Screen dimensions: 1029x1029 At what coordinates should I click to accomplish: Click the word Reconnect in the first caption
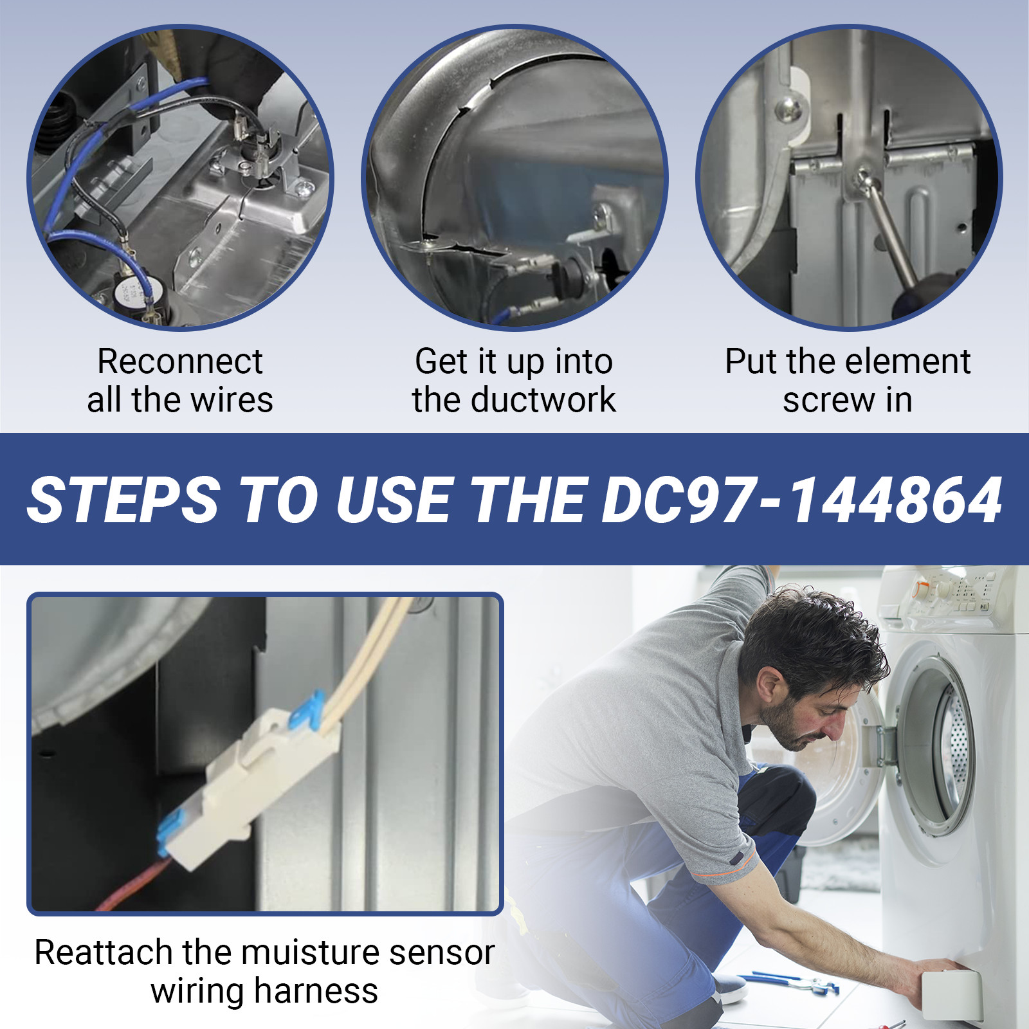pos(180,361)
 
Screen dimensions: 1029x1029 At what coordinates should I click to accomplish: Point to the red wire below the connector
pos(132,884)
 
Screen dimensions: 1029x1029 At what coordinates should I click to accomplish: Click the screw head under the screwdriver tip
pos(862,180)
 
